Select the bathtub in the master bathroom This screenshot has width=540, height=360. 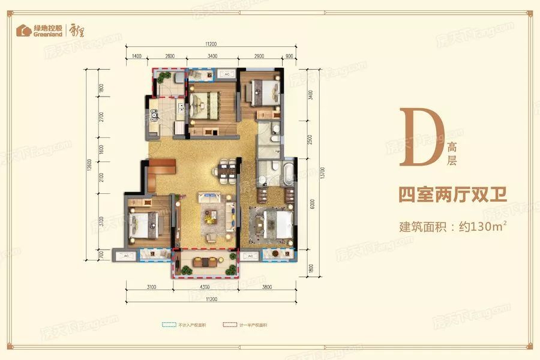tap(287, 172)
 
